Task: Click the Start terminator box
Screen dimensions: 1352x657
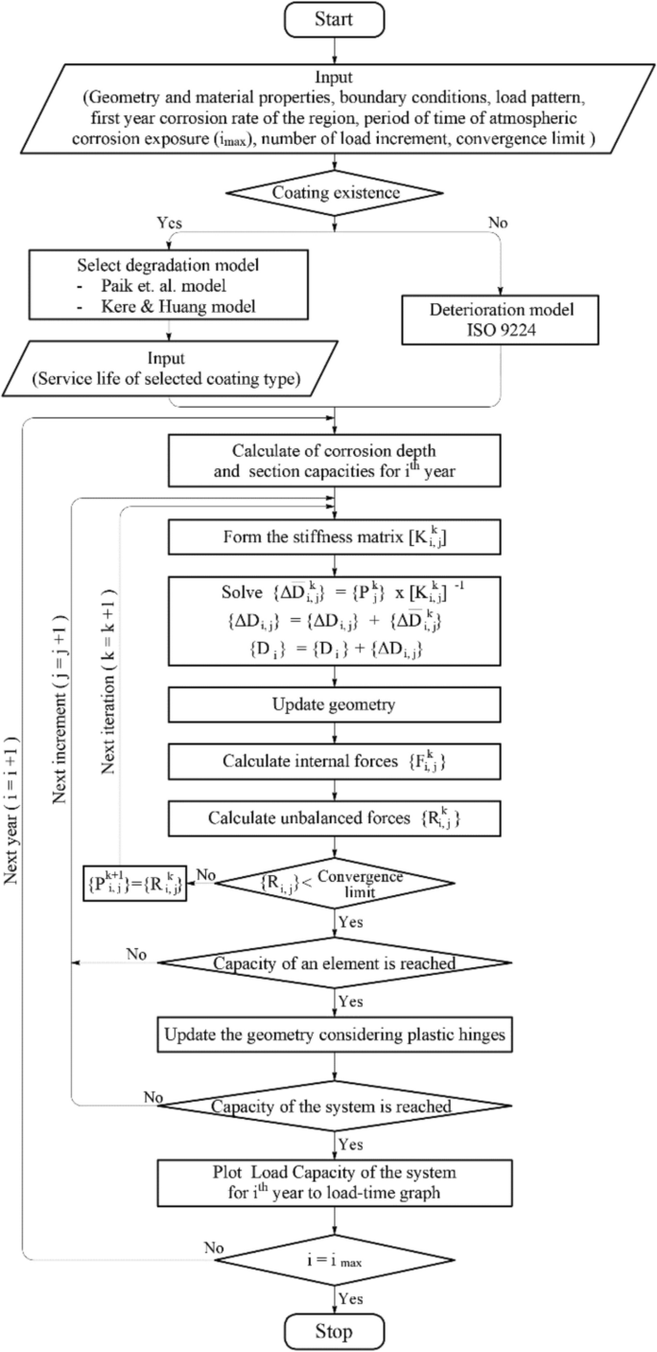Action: (334, 18)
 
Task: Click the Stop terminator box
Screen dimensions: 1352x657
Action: (334, 1331)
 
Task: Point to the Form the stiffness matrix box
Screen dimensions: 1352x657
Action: (334, 536)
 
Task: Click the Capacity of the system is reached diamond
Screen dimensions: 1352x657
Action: (334, 1104)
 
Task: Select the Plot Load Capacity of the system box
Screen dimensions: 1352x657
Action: (334, 1179)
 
